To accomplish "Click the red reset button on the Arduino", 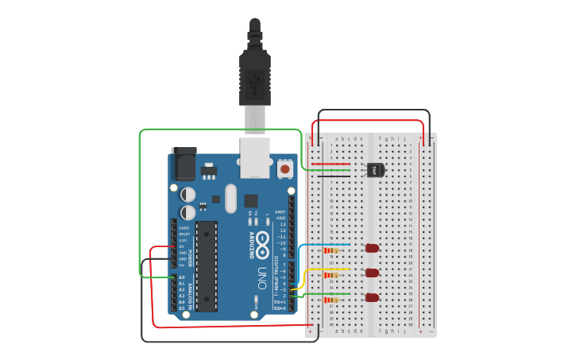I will [x=284, y=168].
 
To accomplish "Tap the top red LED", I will [x=372, y=248].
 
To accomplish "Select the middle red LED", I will [x=372, y=273].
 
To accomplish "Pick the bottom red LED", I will [x=372, y=297].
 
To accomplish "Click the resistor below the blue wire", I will [x=331, y=250].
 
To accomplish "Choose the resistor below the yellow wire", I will [x=331, y=275].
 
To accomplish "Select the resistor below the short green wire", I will [x=331, y=300].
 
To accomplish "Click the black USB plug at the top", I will [x=254, y=75].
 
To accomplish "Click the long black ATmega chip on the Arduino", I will [x=207, y=266].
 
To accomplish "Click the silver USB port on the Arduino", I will [x=255, y=157].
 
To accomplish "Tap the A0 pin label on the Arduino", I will [x=182, y=277].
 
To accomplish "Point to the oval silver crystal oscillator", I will [x=230, y=199].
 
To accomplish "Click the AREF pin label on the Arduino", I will [x=280, y=212].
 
